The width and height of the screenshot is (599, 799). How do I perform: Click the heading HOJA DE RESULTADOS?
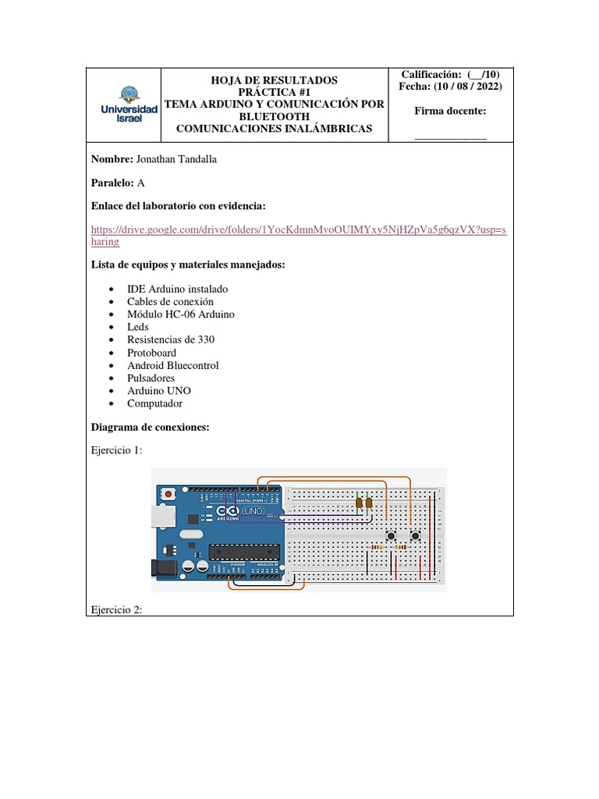pos(275,80)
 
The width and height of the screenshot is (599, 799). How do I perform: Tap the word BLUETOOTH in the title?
pos(275,116)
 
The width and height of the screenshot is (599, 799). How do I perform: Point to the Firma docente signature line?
pos(450,137)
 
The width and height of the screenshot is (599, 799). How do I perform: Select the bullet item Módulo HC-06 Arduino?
pos(180,314)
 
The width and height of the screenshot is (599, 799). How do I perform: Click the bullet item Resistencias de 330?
pos(171,339)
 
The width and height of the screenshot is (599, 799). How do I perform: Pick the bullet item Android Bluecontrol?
pos(172,365)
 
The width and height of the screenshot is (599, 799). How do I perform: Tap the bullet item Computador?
pos(154,403)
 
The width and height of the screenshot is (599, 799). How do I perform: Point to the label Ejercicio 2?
pos(116,610)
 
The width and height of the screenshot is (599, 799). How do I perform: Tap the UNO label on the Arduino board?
pos(254,512)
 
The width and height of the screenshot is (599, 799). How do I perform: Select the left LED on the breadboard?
pos(359,503)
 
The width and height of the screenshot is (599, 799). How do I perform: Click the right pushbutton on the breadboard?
pos(416,536)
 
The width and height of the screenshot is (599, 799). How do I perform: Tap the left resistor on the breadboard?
pos(377,548)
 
